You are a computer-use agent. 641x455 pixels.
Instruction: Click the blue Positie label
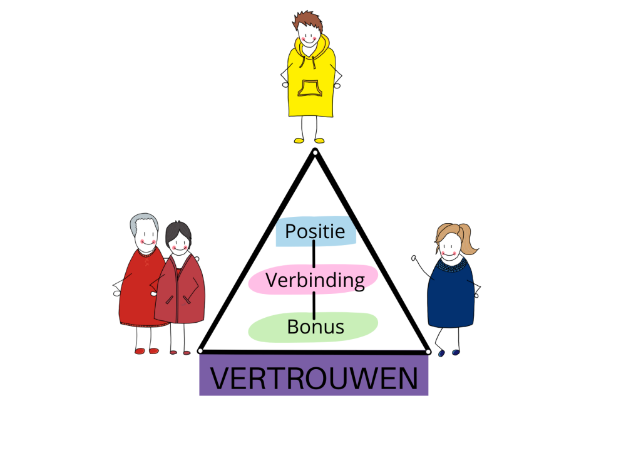[315, 232]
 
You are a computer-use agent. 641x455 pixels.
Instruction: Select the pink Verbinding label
[314, 280]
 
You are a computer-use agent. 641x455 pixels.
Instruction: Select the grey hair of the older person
[143, 220]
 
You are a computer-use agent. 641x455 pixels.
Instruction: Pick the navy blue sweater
[451, 295]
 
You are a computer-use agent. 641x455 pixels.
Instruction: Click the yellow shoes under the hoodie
[309, 140]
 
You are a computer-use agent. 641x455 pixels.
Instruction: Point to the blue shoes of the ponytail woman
[448, 353]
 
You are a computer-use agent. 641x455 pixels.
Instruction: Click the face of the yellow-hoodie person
[309, 34]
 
